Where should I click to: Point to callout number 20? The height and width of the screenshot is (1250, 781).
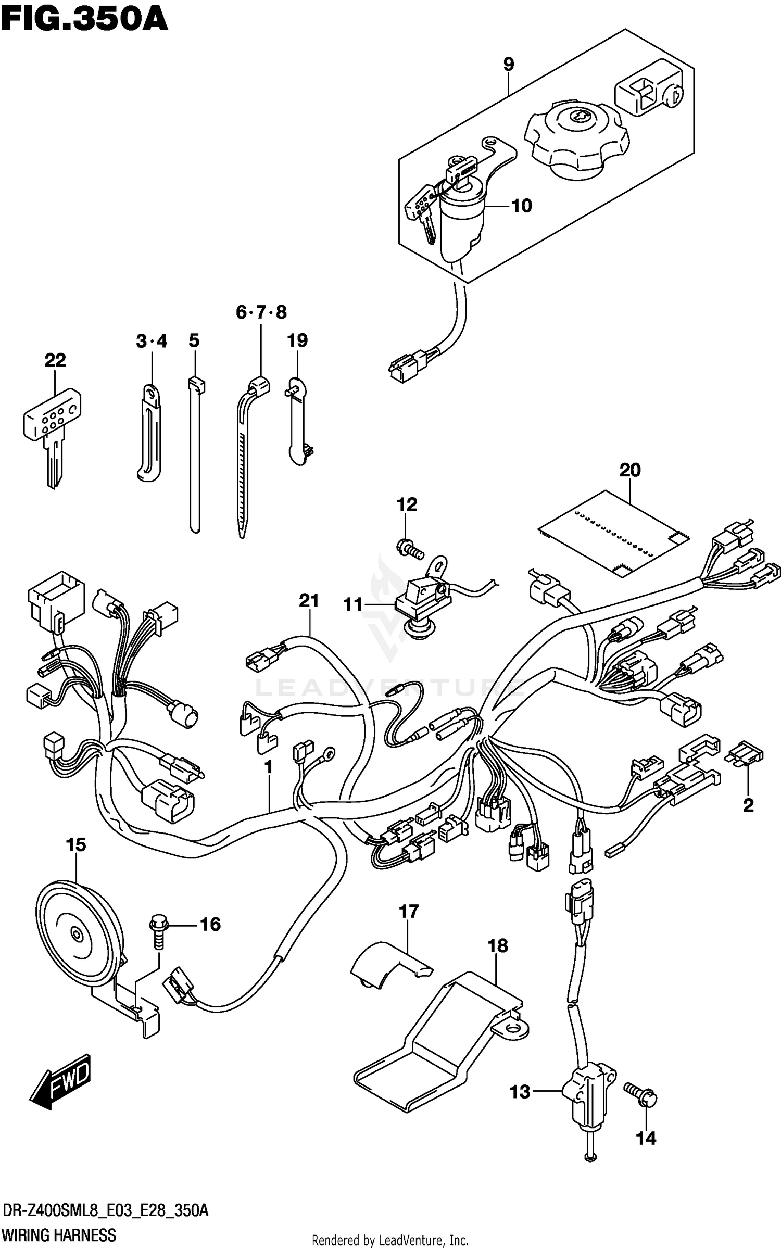pyautogui.click(x=629, y=470)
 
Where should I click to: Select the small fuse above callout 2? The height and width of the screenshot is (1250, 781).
pyautogui.click(x=748, y=755)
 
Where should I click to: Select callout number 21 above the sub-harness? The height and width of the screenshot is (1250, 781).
pyautogui.click(x=309, y=601)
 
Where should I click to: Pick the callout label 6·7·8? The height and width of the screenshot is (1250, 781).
pyautogui.click(x=261, y=312)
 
